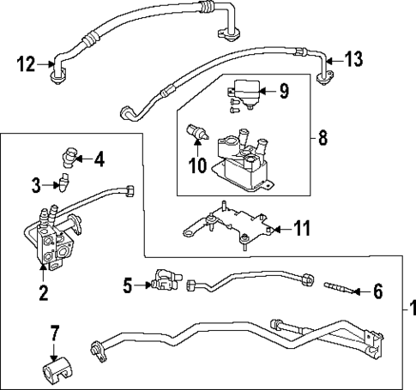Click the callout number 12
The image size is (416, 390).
click(27, 62)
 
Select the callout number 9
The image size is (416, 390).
click(285, 88)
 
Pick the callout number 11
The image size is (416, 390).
click(300, 230)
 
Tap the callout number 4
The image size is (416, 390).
click(99, 159)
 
